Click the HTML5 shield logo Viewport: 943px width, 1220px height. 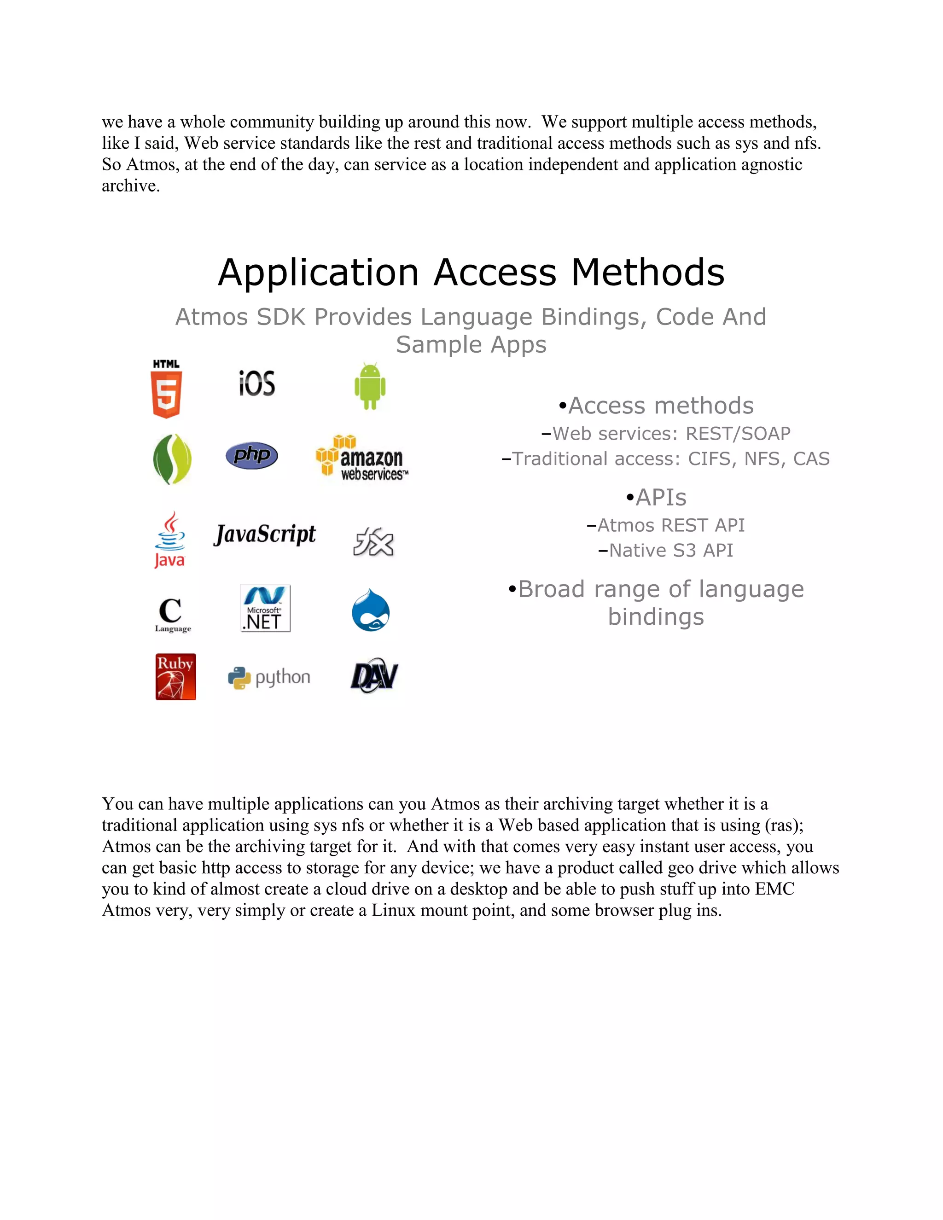pos(167,390)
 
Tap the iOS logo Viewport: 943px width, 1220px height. pos(257,383)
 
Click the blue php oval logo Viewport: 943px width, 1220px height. pos(252,455)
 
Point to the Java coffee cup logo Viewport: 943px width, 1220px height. pos(170,540)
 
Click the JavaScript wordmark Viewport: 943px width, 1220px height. pos(265,534)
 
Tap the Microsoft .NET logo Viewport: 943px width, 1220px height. pos(265,608)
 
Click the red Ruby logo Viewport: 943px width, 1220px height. pos(176,676)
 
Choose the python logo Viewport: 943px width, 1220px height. pos(270,678)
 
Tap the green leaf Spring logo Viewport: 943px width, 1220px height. pos(173,459)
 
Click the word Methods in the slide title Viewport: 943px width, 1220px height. pos(647,273)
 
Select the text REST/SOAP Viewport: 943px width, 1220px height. pos(738,434)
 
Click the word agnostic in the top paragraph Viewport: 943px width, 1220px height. pos(770,164)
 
